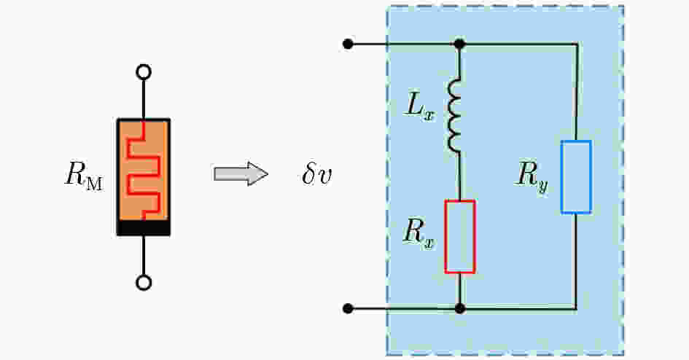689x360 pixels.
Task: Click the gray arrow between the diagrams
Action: tap(241, 174)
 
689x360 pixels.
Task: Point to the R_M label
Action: tap(84, 176)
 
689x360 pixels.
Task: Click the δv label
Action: tap(317, 175)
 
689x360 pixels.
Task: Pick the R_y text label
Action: tap(532, 176)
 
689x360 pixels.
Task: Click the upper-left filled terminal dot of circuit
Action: tap(348, 44)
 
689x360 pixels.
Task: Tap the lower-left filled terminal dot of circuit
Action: tap(348, 309)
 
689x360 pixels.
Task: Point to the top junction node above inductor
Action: tap(459, 44)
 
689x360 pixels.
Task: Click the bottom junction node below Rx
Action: tap(459, 309)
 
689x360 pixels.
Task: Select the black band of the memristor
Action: tap(144, 228)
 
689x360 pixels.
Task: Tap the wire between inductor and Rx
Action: tap(459, 176)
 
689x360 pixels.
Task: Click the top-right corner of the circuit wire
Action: tap(576, 44)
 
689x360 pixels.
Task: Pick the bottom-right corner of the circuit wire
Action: tap(576, 309)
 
